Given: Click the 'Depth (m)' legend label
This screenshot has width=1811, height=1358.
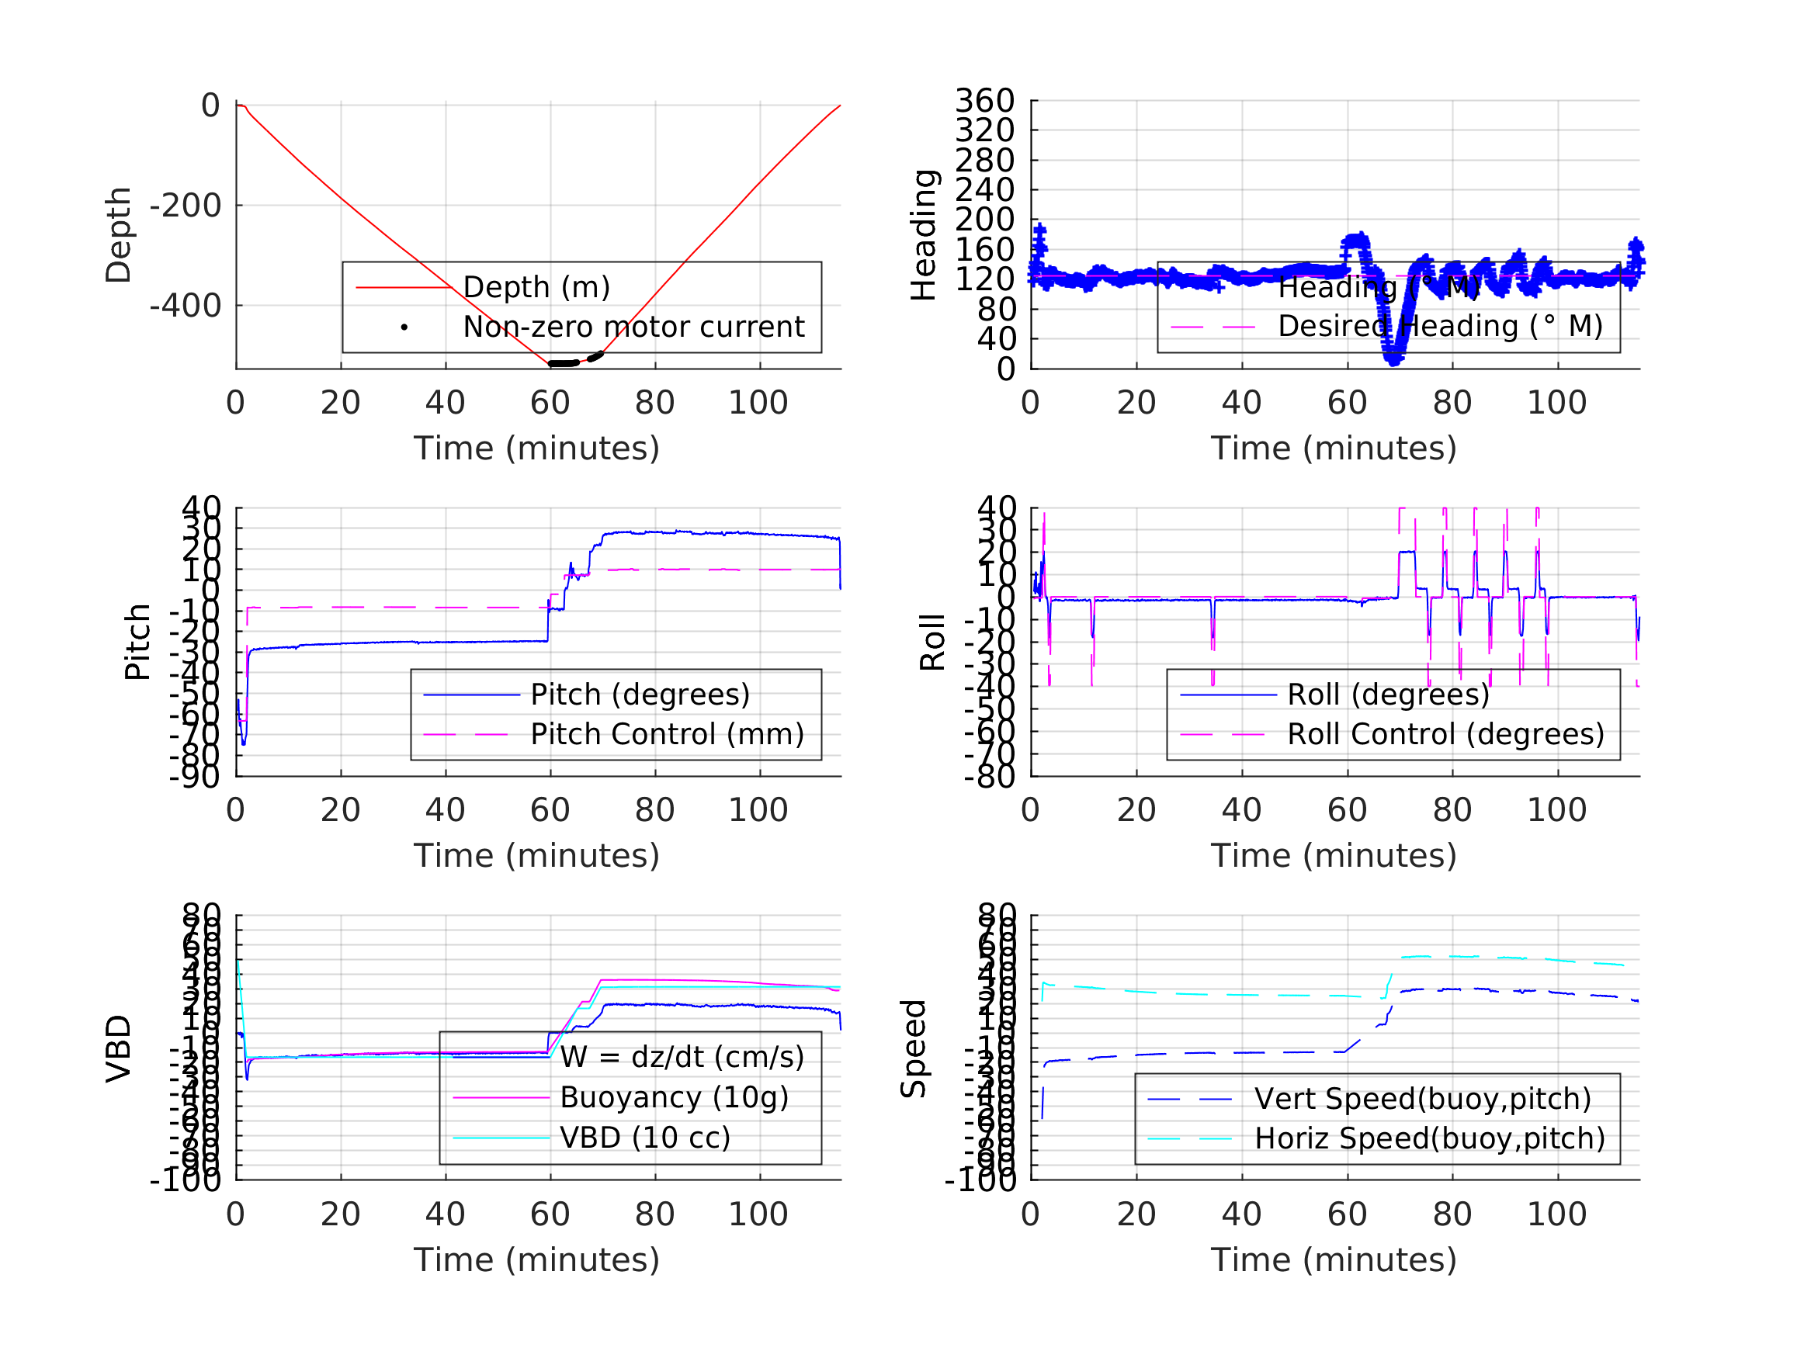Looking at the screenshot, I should [536, 287].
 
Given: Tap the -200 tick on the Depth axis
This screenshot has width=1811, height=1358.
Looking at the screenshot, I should [186, 206].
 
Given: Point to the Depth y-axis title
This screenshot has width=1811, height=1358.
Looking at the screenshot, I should [119, 235].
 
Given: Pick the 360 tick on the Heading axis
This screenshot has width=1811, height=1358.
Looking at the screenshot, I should [985, 101].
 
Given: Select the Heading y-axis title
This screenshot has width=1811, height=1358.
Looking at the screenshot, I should [924, 235].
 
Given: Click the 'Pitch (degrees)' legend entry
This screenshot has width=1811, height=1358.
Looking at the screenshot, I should [640, 695].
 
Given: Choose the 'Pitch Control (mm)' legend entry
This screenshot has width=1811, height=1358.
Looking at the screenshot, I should [667, 734].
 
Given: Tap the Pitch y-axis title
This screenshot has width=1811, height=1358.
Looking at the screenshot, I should [137, 642].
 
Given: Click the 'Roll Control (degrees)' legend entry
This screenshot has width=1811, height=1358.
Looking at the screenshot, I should [1445, 734].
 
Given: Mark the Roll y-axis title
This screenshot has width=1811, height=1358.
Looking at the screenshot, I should [932, 642].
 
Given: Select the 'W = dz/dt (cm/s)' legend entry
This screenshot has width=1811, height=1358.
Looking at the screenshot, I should [682, 1057].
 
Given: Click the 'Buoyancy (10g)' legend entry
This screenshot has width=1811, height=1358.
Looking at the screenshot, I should [674, 1097].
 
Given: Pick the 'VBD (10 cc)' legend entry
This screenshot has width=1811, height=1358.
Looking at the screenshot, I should [644, 1137].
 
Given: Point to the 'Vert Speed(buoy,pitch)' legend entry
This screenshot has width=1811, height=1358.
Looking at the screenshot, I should [1422, 1099].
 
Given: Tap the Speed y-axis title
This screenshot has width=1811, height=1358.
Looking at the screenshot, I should [914, 1048].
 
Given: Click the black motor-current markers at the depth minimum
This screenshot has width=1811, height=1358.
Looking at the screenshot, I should [564, 362].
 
